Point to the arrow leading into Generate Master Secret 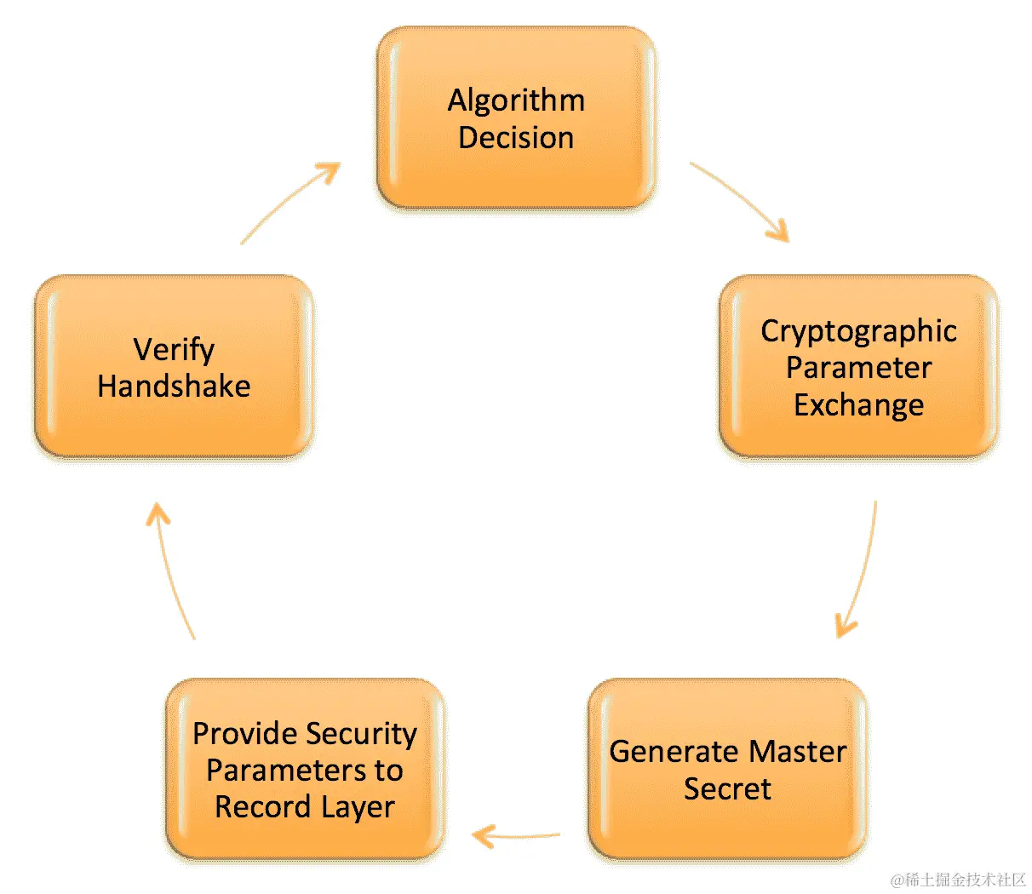860,570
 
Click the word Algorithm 516,100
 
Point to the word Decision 516,138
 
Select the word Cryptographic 858,331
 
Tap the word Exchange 858,405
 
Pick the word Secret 727,789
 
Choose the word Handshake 175,387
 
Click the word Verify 175,349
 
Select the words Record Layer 305,807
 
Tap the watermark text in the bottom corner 959,880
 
